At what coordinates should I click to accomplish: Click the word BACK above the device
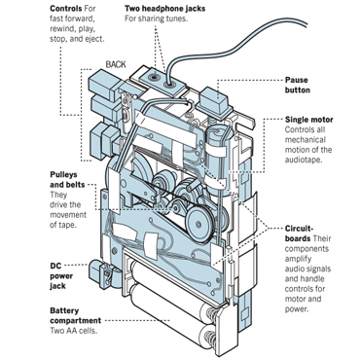click(x=116, y=64)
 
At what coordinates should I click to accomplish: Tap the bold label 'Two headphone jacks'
click(x=164, y=9)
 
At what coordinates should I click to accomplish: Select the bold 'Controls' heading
click(x=66, y=8)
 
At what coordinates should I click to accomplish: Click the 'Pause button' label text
click(x=297, y=85)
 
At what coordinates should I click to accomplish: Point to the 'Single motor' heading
click(x=309, y=120)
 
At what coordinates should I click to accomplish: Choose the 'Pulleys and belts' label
click(x=67, y=180)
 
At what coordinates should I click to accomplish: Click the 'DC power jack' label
click(x=61, y=276)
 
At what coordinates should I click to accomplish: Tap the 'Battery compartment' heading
click(x=75, y=316)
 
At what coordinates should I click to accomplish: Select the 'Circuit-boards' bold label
click(x=298, y=234)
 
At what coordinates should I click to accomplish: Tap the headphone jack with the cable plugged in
click(x=169, y=85)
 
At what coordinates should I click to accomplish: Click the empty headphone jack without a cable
click(x=153, y=78)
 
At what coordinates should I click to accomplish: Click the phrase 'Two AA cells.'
click(x=74, y=331)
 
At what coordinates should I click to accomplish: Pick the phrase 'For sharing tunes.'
click(x=157, y=18)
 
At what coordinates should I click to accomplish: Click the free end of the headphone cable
click(x=306, y=22)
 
